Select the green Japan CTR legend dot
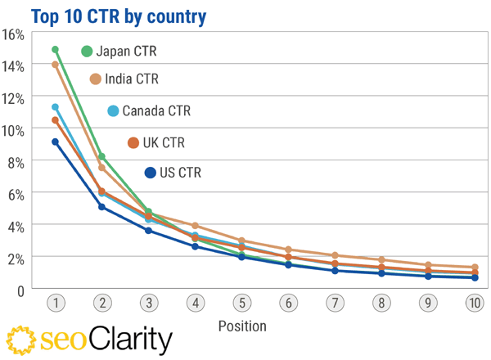click(87, 52)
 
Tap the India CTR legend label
click(132, 79)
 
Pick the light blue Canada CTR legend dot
click(113, 111)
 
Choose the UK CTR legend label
click(164, 143)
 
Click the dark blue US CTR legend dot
click(150, 173)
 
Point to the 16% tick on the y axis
click(14, 34)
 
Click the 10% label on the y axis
click(14, 130)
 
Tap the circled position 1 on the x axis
click(55, 304)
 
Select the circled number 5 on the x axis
click(241, 304)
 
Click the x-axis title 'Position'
click(242, 326)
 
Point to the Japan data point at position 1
click(55, 50)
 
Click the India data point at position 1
click(55, 65)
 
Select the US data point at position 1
click(55, 142)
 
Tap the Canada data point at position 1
click(55, 107)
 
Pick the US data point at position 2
click(101, 206)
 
